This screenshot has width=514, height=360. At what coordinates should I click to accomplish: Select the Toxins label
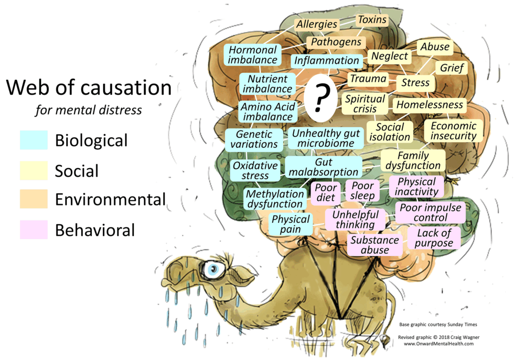tap(372, 20)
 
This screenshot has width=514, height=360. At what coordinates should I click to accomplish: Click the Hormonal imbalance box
tap(252, 55)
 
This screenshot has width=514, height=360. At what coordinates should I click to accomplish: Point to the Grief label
tap(452, 68)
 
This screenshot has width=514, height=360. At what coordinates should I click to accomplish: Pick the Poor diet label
tap(326, 193)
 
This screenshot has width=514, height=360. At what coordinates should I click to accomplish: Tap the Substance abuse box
tap(375, 245)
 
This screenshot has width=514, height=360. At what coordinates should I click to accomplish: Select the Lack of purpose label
tap(434, 238)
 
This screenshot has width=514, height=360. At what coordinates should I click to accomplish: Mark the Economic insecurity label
tap(453, 131)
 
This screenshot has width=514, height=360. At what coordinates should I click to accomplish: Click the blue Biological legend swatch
tap(34, 140)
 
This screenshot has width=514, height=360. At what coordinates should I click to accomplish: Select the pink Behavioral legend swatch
tap(34, 229)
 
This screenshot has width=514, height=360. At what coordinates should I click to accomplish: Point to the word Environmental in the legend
tap(110, 199)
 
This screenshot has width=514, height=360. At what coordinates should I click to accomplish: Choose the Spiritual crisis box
tap(365, 104)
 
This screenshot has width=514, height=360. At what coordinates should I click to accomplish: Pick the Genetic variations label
tap(253, 139)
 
